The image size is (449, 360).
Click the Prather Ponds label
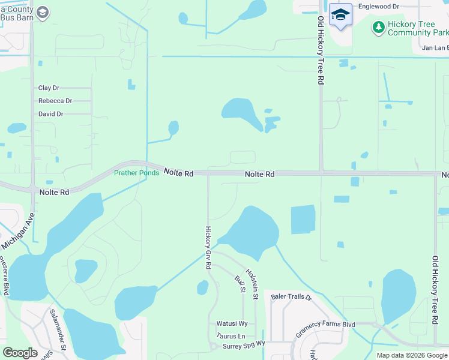coord(137,173)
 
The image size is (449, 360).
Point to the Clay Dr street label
coord(49,88)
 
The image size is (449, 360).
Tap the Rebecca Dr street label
coord(55,101)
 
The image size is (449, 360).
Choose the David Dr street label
coord(51,114)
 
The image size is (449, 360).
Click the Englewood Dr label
coord(378,6)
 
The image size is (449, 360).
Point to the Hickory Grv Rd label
coord(208,247)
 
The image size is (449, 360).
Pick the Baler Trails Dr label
coord(292,297)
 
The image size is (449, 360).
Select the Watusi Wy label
coord(228,324)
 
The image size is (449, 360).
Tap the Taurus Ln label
coord(231,337)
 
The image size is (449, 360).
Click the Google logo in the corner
coord(20,353)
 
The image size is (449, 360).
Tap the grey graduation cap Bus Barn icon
coord(42,12)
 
